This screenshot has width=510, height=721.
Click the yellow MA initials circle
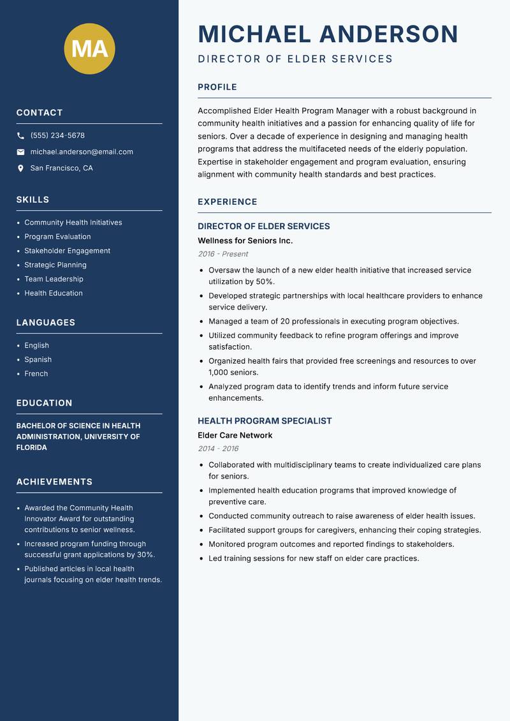click(x=89, y=49)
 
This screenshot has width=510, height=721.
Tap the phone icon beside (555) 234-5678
click(x=20, y=136)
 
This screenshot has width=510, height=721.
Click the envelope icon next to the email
click(x=20, y=152)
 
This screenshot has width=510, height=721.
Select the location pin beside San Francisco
click(x=20, y=168)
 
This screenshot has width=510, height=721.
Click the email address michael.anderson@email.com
click(x=82, y=152)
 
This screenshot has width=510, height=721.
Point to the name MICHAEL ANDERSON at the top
click(x=328, y=34)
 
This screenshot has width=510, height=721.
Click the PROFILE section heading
click(x=217, y=87)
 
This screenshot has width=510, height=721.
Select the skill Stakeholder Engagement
click(x=67, y=251)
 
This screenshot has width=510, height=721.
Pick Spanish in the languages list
click(x=38, y=359)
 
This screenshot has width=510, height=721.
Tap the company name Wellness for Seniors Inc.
click(x=245, y=241)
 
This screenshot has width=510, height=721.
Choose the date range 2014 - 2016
click(x=217, y=449)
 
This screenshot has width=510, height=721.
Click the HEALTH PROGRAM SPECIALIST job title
click(x=265, y=421)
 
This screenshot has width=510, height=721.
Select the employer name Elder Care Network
click(x=235, y=435)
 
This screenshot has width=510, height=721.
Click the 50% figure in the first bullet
click(x=265, y=281)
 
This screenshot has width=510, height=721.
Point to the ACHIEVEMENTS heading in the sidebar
click(x=54, y=482)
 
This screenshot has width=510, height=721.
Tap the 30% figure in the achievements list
click(x=145, y=554)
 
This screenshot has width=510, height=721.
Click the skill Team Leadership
click(x=54, y=279)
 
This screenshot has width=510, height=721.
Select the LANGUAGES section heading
click(x=45, y=323)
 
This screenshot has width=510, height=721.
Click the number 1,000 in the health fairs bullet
click(x=219, y=372)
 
